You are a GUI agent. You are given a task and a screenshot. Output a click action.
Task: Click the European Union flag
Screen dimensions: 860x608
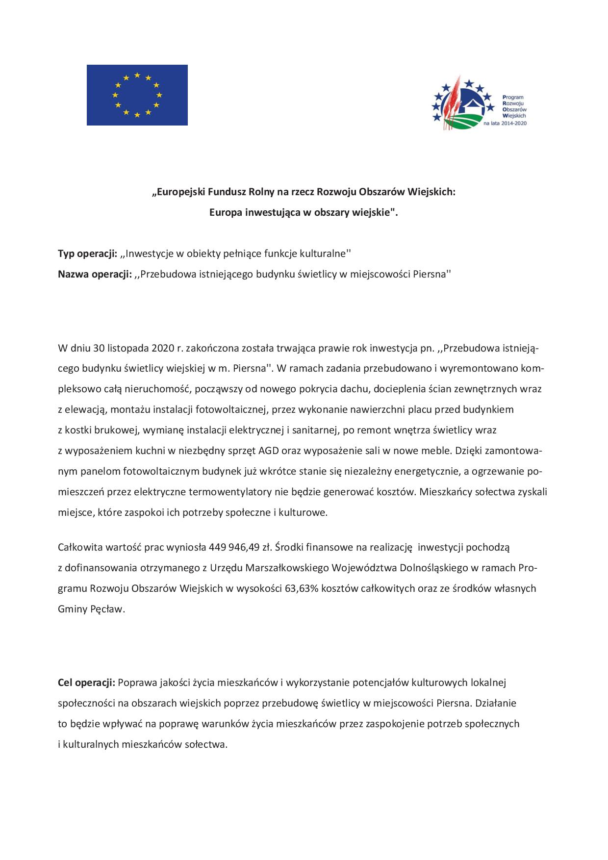click(x=137, y=95)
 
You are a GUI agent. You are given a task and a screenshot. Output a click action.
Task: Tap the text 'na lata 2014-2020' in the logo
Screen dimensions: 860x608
click(x=505, y=124)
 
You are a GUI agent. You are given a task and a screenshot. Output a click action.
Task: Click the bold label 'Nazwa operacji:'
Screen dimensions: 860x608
click(x=95, y=274)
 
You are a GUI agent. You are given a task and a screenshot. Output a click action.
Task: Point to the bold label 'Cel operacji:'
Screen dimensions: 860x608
click(x=86, y=682)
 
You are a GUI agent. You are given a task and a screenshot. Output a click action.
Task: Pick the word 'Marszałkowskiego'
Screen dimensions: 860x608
click(x=287, y=567)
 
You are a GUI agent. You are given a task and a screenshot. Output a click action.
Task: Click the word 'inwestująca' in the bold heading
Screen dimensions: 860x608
click(x=264, y=212)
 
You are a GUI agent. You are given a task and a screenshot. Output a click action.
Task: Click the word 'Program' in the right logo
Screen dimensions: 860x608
click(x=513, y=98)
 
